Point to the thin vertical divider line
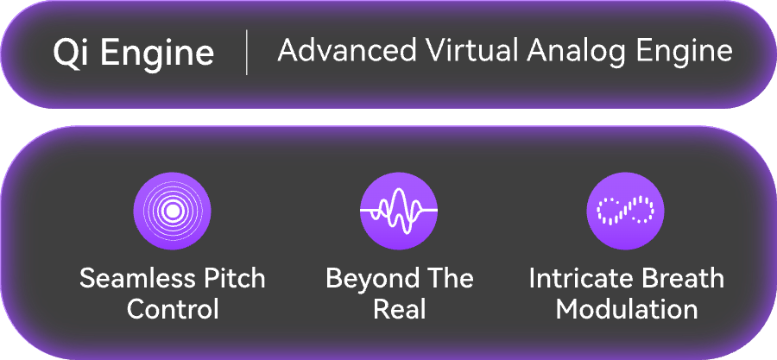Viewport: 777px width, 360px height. click(246, 52)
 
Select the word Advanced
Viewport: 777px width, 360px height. click(347, 50)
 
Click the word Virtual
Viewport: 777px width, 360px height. click(472, 50)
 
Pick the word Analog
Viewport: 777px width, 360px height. click(576, 53)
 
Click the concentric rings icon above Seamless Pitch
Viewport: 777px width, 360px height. click(173, 211)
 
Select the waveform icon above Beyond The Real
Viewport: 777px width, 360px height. click(399, 211)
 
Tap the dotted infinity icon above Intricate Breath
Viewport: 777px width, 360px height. click(625, 211)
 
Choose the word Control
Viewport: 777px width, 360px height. click(173, 309)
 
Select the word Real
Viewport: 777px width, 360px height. click(400, 309)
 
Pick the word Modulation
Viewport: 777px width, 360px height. click(627, 309)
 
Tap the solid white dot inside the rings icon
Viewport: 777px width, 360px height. click(173, 211)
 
